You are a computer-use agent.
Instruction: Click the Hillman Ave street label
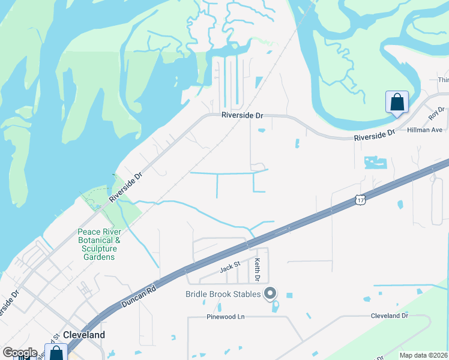click(x=424, y=130)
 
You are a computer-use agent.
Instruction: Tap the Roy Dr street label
click(x=436, y=113)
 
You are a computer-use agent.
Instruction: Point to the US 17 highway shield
click(x=358, y=199)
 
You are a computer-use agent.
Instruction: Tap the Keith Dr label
click(x=258, y=270)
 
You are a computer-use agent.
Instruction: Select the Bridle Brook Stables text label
click(x=223, y=294)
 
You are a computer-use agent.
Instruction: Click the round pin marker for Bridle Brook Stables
click(x=270, y=293)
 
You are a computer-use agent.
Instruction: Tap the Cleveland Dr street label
click(x=389, y=316)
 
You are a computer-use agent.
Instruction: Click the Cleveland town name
click(x=84, y=335)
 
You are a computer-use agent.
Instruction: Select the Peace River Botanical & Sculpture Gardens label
click(x=100, y=244)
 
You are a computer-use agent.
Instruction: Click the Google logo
click(x=20, y=353)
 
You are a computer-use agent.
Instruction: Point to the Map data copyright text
click(x=424, y=355)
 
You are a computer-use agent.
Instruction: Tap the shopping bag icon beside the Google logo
click(x=56, y=353)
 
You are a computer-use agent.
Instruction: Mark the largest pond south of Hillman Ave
click(x=376, y=162)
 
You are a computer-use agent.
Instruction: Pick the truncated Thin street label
click(x=443, y=80)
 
